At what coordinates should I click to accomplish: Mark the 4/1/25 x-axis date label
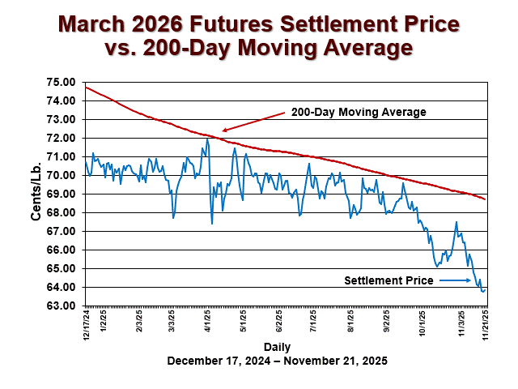tap(207, 321)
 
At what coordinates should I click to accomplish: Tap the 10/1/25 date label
tap(422, 322)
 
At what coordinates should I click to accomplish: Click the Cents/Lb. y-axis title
tap(37, 194)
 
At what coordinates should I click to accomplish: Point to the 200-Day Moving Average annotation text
tap(359, 112)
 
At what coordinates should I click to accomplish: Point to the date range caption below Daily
tap(277, 361)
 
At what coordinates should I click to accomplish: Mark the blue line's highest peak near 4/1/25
tap(207, 139)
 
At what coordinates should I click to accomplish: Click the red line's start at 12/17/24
tap(86, 87)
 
